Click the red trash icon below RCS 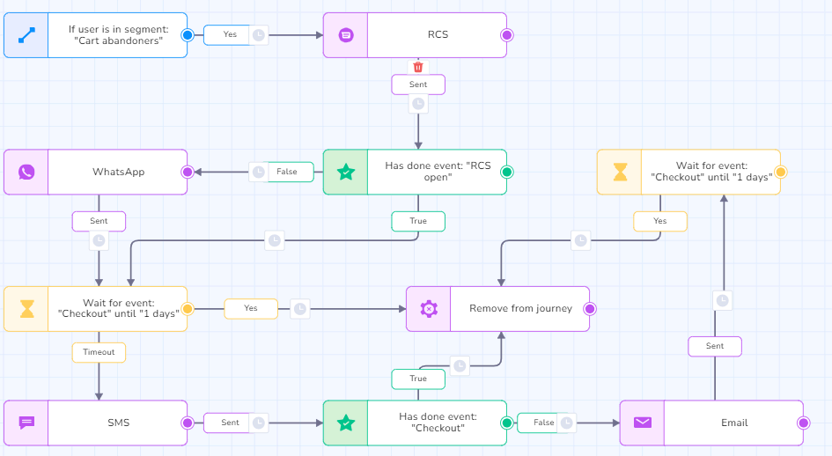click(418, 67)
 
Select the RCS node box click(437, 35)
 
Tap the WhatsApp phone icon click(26, 172)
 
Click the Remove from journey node click(519, 309)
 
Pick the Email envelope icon click(643, 423)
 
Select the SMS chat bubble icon click(26, 423)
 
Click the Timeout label click(99, 352)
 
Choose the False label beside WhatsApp click(287, 172)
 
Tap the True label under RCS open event click(418, 221)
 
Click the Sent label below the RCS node click(418, 85)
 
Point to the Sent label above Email click(715, 346)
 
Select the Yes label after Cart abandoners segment click(230, 35)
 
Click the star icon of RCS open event click(345, 172)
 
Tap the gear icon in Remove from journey click(429, 309)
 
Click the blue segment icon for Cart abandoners click(26, 35)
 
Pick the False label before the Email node click(544, 423)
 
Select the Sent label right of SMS click(230, 423)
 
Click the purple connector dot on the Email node click(803, 423)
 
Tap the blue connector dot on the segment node click(187, 35)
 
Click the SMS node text click(118, 423)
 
